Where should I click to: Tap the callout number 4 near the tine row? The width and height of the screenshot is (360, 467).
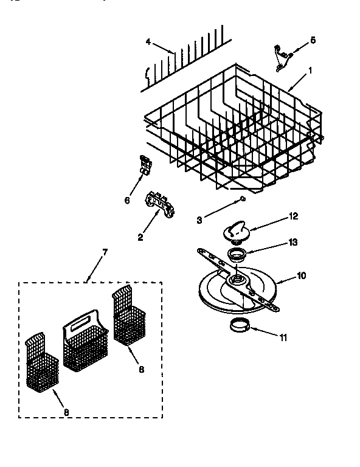148,43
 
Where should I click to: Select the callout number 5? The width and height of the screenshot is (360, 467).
313,40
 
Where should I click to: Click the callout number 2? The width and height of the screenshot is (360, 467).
140,237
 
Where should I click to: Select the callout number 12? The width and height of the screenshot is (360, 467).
293,216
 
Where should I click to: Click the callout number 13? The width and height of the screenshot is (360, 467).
293,242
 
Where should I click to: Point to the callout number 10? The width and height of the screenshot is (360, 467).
301,275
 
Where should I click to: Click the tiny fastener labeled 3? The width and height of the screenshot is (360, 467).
242,199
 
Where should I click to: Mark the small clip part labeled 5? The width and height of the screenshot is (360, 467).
280,54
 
